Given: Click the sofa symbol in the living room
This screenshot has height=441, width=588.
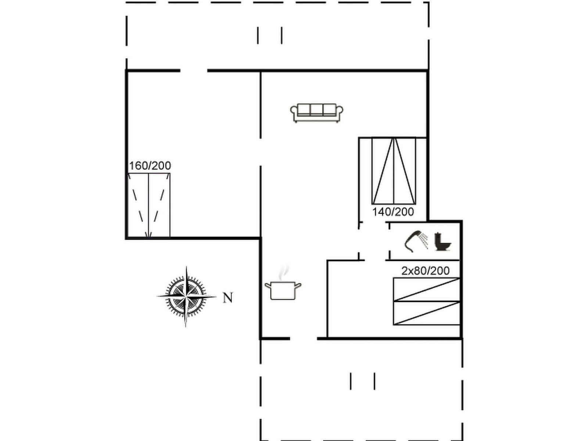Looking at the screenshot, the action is tap(317, 113).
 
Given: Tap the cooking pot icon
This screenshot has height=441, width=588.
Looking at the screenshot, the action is tap(283, 290).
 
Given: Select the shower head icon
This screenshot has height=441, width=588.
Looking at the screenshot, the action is tap(416, 241).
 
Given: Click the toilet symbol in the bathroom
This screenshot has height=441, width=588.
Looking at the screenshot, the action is tap(442, 241).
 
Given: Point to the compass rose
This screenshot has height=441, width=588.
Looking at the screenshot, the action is tap(186, 297).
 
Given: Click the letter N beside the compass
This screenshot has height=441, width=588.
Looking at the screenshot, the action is tap(228, 298).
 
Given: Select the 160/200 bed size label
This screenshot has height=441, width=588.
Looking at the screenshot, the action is tap(150, 166).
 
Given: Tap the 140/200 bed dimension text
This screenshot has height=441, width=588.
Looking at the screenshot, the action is tap(393, 212).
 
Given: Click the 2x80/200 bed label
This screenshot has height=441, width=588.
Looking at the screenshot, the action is tap(426, 271).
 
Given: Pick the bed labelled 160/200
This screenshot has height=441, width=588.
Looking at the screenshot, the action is tap(149, 205).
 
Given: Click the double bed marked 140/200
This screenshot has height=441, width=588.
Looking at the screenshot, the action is tap(394, 171).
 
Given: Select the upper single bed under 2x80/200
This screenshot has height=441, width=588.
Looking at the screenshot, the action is tap(426, 290).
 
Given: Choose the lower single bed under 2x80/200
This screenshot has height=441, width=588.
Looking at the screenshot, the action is tap(426, 313).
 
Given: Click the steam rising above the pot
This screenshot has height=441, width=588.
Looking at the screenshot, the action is tap(283, 273).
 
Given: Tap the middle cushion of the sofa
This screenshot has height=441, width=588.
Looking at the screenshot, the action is tap(316, 110).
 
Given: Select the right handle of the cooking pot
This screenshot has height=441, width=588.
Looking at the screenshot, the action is tap(298, 286).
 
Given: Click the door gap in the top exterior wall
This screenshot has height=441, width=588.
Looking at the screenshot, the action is tap(194, 71).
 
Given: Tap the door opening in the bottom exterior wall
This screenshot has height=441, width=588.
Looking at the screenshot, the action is tap(304, 339).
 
